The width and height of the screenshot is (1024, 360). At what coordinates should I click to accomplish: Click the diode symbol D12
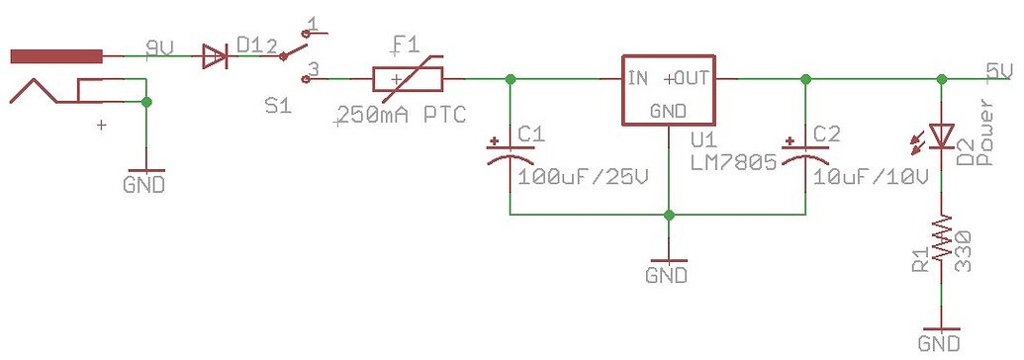213,56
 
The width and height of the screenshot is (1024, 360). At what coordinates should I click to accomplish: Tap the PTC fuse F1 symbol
407,78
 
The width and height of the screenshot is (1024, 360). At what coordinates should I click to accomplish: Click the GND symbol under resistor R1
939,341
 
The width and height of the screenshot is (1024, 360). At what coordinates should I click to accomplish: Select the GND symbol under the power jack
145,183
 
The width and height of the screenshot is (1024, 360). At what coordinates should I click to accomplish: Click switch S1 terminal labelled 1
313,24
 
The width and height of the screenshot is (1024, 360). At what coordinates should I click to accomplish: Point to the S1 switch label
278,105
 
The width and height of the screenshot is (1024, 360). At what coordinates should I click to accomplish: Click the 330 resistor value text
964,247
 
